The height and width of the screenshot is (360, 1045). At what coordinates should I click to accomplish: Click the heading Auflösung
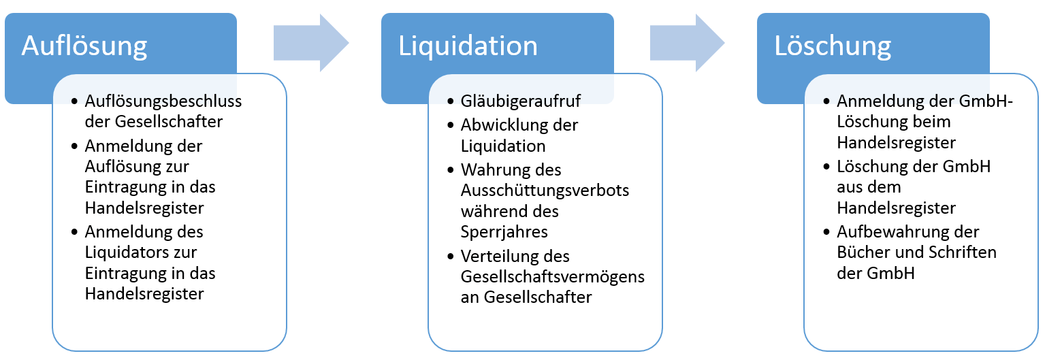point(84,46)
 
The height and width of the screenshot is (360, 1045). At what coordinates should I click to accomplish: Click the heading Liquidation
point(468,46)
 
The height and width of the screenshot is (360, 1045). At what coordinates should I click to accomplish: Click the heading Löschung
point(833,46)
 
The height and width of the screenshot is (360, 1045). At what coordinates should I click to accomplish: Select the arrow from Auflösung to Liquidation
point(310,44)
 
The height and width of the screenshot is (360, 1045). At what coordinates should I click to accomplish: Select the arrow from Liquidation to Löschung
point(687,44)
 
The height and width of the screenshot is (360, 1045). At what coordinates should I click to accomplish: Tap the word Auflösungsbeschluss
point(163,101)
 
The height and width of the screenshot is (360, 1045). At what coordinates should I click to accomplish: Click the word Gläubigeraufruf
point(521,102)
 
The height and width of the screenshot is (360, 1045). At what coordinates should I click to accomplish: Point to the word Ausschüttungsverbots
point(545,190)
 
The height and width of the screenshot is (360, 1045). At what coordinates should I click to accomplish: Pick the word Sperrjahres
point(504,231)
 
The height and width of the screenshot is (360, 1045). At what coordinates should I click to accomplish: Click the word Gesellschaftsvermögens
point(552,277)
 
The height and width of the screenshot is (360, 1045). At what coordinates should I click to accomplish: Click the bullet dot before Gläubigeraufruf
point(451,103)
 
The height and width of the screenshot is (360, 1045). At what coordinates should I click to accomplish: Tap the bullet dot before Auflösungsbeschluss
point(75,102)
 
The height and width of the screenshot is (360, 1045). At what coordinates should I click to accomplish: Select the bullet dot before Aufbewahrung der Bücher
point(826,232)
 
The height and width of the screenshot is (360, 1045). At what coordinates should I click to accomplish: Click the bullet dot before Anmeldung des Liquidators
point(75,232)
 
